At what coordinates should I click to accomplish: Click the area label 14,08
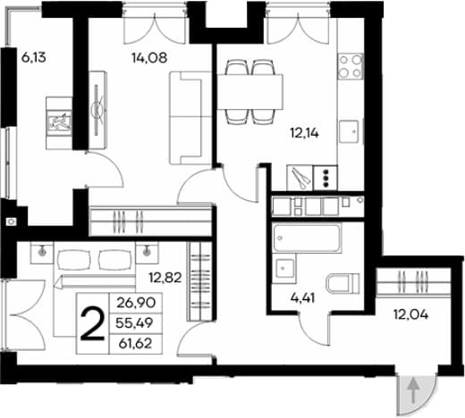tap(149, 58)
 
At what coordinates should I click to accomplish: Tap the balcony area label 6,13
tap(34, 57)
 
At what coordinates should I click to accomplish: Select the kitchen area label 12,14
tap(304, 133)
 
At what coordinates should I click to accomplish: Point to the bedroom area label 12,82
tap(165, 278)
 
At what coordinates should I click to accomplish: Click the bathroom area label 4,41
tap(302, 298)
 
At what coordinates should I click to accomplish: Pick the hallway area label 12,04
tap(411, 314)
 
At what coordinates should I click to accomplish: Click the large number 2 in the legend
tap(93, 324)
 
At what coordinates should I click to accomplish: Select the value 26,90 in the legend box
tap(136, 303)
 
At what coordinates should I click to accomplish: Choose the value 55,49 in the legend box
tap(134, 322)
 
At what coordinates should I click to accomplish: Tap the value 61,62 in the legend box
tap(135, 344)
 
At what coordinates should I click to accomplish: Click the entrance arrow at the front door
tap(413, 390)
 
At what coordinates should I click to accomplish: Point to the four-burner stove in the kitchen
tap(351, 66)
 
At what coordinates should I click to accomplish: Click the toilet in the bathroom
tap(343, 283)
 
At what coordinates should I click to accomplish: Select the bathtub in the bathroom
tap(307, 238)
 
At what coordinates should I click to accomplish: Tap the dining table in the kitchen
tap(249, 92)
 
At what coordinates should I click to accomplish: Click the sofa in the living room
tap(186, 118)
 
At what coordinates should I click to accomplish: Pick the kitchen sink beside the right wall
tap(349, 130)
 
